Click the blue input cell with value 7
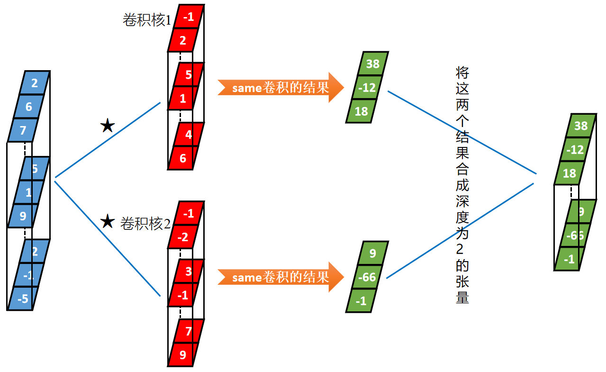tap(23, 130)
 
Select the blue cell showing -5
tap(23, 299)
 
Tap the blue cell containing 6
tap(28, 107)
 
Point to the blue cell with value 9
tap(23, 216)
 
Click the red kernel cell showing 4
tap(189, 135)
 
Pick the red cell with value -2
tap(183, 236)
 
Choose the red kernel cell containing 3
tap(189, 272)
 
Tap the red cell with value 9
tap(183, 354)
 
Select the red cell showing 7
tap(189, 331)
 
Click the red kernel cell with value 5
tap(189, 74)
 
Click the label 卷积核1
tap(146, 20)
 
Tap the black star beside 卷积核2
tap(108, 221)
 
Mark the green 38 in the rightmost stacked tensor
tap(580, 126)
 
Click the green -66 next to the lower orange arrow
tap(367, 277)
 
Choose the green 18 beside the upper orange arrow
tap(362, 111)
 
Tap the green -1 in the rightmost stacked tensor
tap(569, 259)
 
